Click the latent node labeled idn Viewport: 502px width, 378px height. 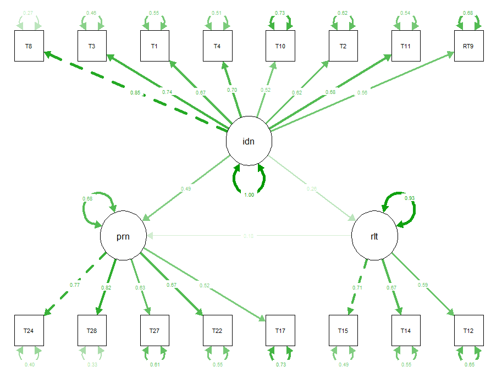click(x=249, y=141)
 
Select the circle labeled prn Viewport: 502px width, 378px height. click(x=123, y=236)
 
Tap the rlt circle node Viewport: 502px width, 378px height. click(x=374, y=236)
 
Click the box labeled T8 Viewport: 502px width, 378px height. click(x=29, y=46)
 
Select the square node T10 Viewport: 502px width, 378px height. click(x=280, y=46)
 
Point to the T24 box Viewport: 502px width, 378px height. click(x=29, y=330)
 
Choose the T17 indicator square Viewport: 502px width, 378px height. click(x=280, y=330)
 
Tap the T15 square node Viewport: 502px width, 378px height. click(x=343, y=330)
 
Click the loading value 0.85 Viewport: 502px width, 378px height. click(x=135, y=92)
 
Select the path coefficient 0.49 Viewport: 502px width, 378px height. click(x=186, y=189)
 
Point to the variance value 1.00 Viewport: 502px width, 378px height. click(x=249, y=194)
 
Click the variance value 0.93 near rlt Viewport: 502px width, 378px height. click(x=409, y=198)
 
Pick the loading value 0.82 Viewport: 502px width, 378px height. click(x=107, y=288)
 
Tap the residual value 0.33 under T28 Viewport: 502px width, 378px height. click(x=91, y=364)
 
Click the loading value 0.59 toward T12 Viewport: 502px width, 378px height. click(x=422, y=285)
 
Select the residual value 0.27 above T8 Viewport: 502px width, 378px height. click(x=29, y=12)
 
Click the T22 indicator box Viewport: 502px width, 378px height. click(x=217, y=330)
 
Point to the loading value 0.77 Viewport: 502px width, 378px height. click(x=75, y=285)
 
